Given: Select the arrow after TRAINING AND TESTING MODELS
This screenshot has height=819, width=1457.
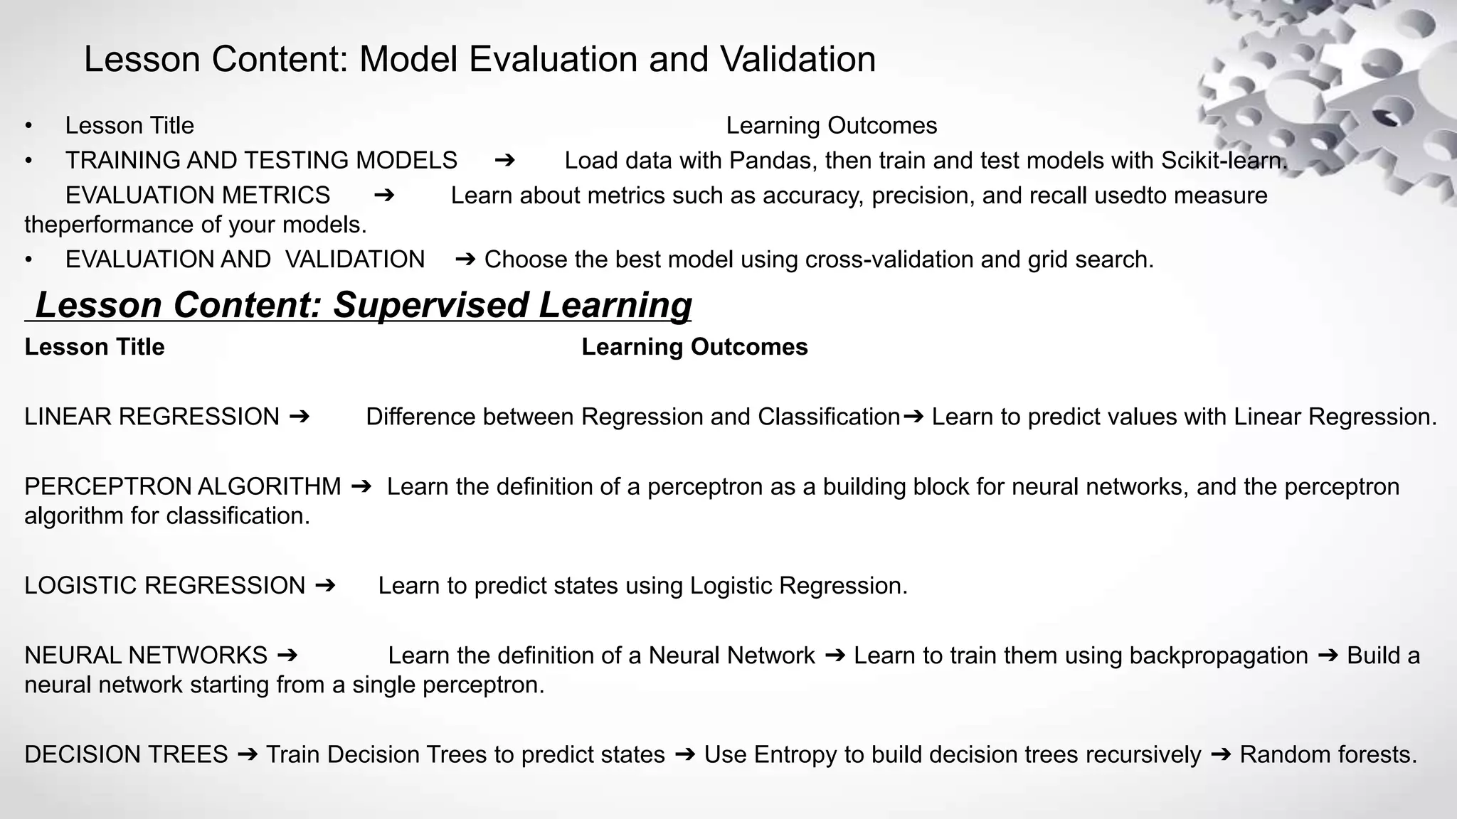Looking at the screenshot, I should (504, 160).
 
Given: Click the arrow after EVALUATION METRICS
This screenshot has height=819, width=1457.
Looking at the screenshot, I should (384, 195).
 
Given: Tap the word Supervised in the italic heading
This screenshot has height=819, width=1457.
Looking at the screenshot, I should (430, 305).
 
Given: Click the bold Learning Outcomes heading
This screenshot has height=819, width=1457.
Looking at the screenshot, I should (694, 347).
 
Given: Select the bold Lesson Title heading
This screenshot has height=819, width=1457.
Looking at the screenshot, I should (95, 347).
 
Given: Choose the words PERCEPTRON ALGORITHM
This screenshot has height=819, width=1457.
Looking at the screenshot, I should (183, 487).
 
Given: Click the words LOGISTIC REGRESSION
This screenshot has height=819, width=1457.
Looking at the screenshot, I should (164, 586).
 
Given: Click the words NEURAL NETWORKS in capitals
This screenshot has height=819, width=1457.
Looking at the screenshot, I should (146, 655).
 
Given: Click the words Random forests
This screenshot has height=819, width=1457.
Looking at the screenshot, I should (1328, 754).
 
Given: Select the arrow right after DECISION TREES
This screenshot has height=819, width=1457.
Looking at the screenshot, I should (247, 754).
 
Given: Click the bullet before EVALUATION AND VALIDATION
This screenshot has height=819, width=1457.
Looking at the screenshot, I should (28, 260).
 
